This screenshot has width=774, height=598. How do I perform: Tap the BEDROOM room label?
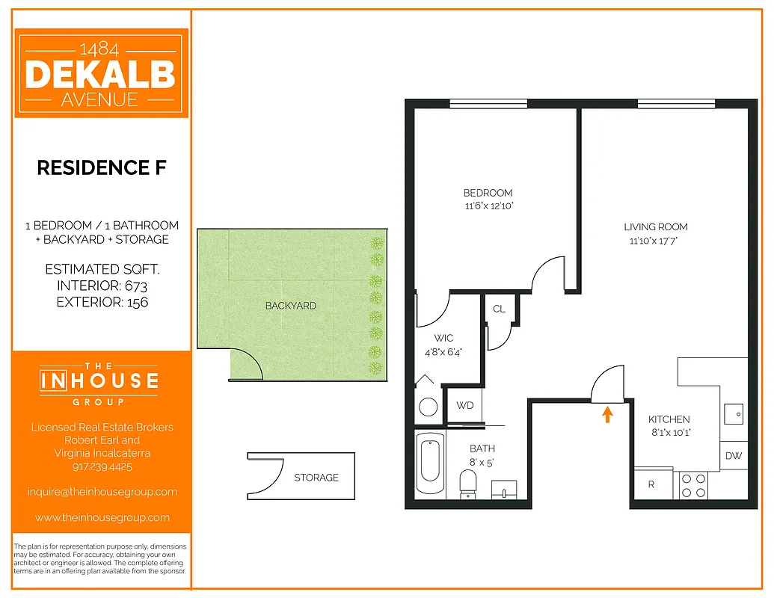click(x=488, y=193)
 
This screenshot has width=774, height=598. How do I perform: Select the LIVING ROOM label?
click(x=655, y=226)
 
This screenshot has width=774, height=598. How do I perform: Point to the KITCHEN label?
click(x=669, y=419)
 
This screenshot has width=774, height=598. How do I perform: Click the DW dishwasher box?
click(x=733, y=456)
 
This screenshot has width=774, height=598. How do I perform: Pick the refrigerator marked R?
click(x=651, y=484)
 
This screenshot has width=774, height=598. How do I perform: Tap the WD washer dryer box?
click(x=465, y=406)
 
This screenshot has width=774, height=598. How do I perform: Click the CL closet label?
click(x=499, y=309)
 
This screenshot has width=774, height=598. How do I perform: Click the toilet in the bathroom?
click(x=468, y=481)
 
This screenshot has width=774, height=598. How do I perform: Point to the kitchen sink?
click(x=734, y=412)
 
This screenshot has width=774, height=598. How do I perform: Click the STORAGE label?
click(x=316, y=478)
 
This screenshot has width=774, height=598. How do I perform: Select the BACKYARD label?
click(x=290, y=306)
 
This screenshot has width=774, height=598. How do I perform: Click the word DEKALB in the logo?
click(x=100, y=75)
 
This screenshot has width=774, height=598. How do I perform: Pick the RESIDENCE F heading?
click(x=102, y=167)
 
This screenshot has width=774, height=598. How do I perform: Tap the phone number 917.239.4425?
click(x=102, y=466)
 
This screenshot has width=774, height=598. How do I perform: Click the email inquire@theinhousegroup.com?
click(x=102, y=492)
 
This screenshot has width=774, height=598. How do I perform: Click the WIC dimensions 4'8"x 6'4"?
click(x=443, y=351)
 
